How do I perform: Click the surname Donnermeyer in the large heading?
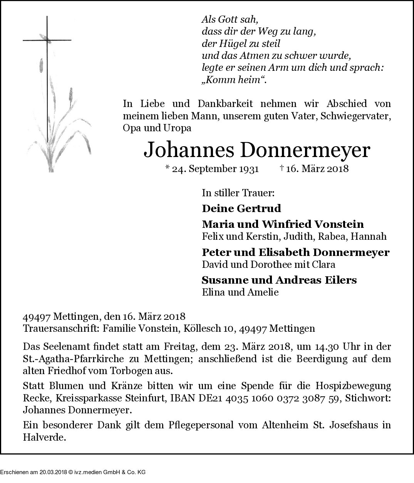[305, 151]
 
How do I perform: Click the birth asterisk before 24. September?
[167, 168]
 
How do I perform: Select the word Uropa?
[178, 128]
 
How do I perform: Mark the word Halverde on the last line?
[44, 438]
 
